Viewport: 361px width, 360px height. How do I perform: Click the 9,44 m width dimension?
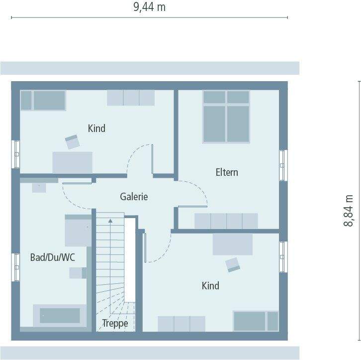click(149, 6)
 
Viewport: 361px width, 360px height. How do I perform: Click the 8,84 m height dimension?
click(349, 210)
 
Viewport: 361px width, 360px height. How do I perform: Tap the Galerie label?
click(134, 197)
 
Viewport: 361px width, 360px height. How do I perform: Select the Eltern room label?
click(227, 173)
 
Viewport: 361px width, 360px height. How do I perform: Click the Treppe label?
click(115, 323)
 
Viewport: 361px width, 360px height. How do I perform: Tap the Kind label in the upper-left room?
click(96, 128)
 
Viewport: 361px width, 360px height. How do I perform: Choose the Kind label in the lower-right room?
click(210, 286)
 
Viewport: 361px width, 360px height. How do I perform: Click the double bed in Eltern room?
click(226, 117)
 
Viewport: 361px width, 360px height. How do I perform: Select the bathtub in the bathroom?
click(60, 315)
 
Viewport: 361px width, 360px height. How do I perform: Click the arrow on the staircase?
click(110, 219)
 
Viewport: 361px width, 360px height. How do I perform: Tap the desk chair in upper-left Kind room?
click(73, 141)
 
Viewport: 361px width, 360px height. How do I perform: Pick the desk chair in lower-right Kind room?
click(232, 264)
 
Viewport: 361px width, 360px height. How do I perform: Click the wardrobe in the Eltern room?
click(226, 221)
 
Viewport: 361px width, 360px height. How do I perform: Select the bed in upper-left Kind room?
click(43, 100)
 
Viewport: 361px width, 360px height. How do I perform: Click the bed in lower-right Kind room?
click(256, 321)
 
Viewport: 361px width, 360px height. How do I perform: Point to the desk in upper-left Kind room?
click(73, 162)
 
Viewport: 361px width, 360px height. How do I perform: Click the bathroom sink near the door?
click(39, 187)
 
